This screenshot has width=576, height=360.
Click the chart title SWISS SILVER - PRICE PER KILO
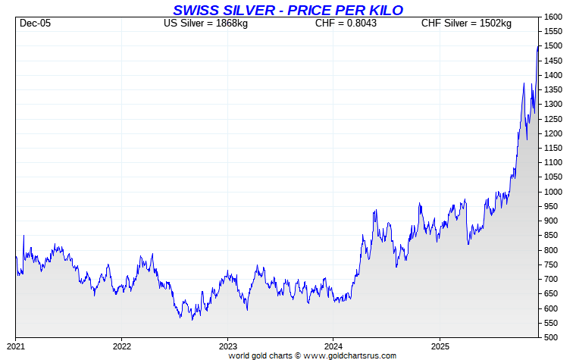[288, 10]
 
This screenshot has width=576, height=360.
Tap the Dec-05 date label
[35, 23]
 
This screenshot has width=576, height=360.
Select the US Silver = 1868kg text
[205, 23]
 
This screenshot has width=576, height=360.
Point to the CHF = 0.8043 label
[346, 23]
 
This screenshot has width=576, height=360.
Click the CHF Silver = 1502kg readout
[466, 23]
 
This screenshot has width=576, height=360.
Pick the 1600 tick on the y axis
[553, 17]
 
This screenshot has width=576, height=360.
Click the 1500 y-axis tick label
[553, 46]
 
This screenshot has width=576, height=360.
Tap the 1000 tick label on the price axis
[553, 192]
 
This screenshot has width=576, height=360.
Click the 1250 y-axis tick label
[553, 119]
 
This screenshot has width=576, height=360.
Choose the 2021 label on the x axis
[16, 346]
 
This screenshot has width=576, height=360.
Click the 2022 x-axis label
[122, 346]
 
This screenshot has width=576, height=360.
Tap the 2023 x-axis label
[228, 346]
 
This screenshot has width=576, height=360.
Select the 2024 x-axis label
[333, 346]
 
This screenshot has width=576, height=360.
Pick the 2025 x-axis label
[440, 346]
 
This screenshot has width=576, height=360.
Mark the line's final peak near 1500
[538, 46]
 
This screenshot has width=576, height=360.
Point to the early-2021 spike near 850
[23, 236]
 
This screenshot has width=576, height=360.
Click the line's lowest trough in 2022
[192, 320]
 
